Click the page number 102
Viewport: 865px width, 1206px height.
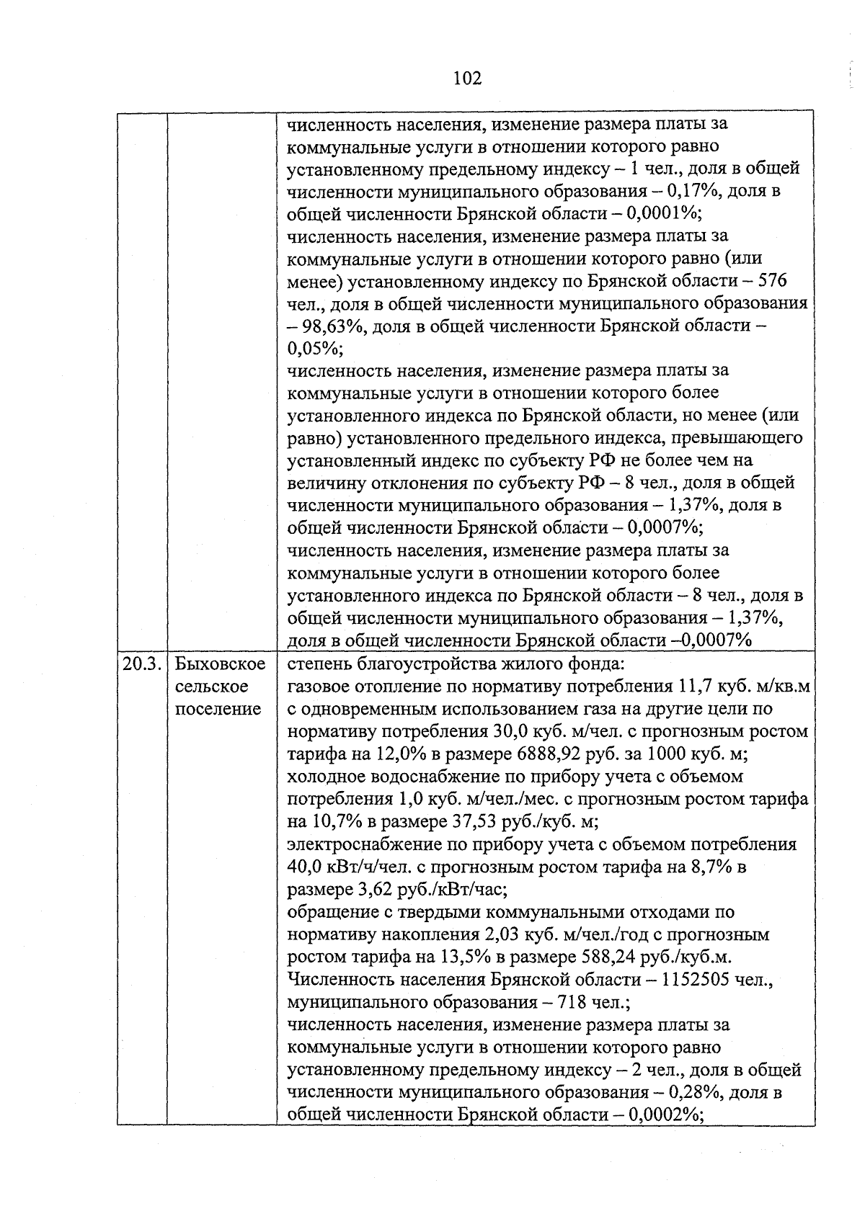(x=467, y=78)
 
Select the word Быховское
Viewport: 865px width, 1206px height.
(x=220, y=664)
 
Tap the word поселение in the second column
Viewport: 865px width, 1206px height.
(x=218, y=709)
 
